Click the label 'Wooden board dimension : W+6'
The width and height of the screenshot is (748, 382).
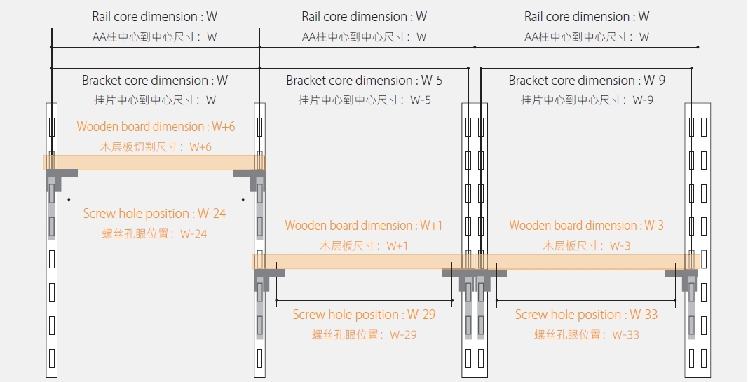(156, 127)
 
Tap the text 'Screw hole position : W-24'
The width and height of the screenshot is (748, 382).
(155, 214)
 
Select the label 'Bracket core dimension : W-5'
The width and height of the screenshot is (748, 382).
(365, 81)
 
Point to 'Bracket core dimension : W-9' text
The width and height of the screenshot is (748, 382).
(587, 81)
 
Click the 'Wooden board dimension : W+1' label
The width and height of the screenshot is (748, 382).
(364, 226)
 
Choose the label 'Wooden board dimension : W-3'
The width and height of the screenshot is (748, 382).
(586, 226)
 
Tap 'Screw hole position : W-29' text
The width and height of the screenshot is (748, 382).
(364, 315)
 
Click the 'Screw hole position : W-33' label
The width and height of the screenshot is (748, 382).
(586, 315)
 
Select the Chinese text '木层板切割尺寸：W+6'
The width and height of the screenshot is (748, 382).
(156, 146)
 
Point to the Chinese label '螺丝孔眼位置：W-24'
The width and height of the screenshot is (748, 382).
(155, 233)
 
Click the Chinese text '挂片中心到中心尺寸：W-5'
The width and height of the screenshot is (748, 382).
(365, 100)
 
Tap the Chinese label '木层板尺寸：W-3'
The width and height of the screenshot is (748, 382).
(587, 246)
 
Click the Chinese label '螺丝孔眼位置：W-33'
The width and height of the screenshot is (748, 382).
(587, 334)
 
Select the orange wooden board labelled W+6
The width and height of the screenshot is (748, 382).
(154, 162)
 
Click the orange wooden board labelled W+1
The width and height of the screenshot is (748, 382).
(363, 261)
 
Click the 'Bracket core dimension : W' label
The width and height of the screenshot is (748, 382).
(155, 81)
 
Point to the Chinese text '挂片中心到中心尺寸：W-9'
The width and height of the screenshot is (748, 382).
(587, 100)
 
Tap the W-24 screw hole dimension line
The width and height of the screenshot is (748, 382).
(156, 200)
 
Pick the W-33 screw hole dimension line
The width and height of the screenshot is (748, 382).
(587, 300)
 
